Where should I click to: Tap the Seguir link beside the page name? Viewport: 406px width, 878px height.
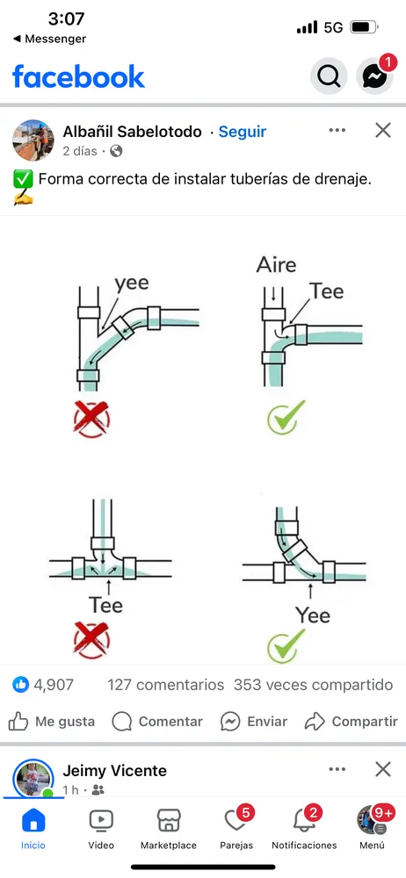tap(243, 133)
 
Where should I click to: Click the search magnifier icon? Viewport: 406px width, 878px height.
tap(329, 75)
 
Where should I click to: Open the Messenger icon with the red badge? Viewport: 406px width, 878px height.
tap(374, 75)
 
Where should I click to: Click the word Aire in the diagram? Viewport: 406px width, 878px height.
tap(277, 264)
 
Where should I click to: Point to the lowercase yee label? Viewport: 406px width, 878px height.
tap(132, 284)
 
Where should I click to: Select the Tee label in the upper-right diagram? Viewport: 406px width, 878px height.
tap(327, 291)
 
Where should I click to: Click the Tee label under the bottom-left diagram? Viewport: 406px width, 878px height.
tap(105, 605)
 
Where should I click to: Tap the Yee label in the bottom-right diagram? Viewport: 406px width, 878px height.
tap(313, 615)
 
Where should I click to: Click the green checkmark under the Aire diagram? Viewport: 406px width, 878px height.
tap(286, 418)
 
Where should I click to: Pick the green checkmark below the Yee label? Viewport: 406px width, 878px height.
tap(286, 645)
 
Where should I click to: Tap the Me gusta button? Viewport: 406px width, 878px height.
tap(52, 722)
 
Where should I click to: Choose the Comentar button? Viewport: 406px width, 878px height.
tap(157, 722)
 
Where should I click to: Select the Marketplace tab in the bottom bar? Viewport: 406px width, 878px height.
tap(168, 829)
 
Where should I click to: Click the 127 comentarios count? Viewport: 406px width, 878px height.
tap(166, 685)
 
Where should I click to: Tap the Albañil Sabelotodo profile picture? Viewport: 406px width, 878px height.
tap(33, 140)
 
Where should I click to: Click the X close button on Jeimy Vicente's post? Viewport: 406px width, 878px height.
tap(383, 769)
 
